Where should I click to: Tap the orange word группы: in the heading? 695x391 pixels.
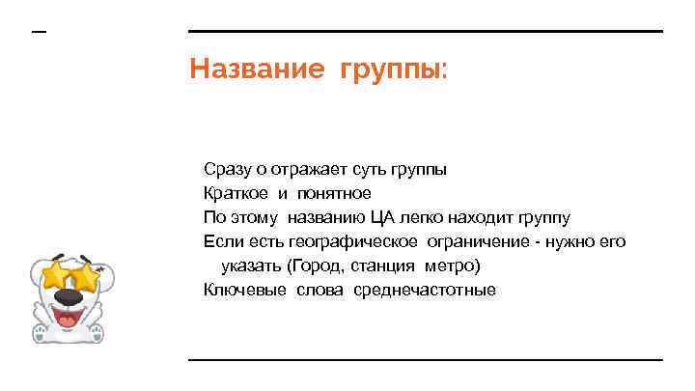point(393,70)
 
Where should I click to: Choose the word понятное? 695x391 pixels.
point(333,193)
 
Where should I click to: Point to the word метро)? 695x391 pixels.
point(453,265)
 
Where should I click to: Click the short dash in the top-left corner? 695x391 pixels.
point(39,33)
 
